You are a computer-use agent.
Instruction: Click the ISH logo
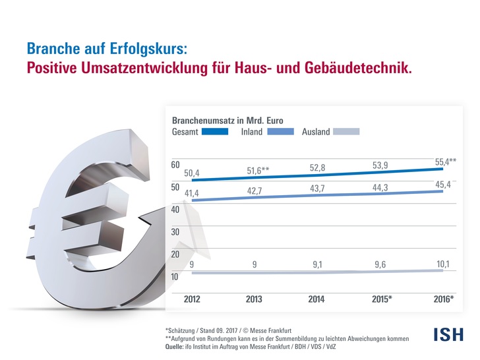[x=448, y=334]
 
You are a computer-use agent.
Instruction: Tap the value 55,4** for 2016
[x=446, y=162]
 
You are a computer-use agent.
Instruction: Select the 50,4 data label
[x=192, y=173]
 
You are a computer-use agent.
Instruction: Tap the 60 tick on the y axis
[x=176, y=164]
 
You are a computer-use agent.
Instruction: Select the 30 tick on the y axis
[x=176, y=232]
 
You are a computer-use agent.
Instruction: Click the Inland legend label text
[x=251, y=132]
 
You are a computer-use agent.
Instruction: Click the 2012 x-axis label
[x=192, y=299]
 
